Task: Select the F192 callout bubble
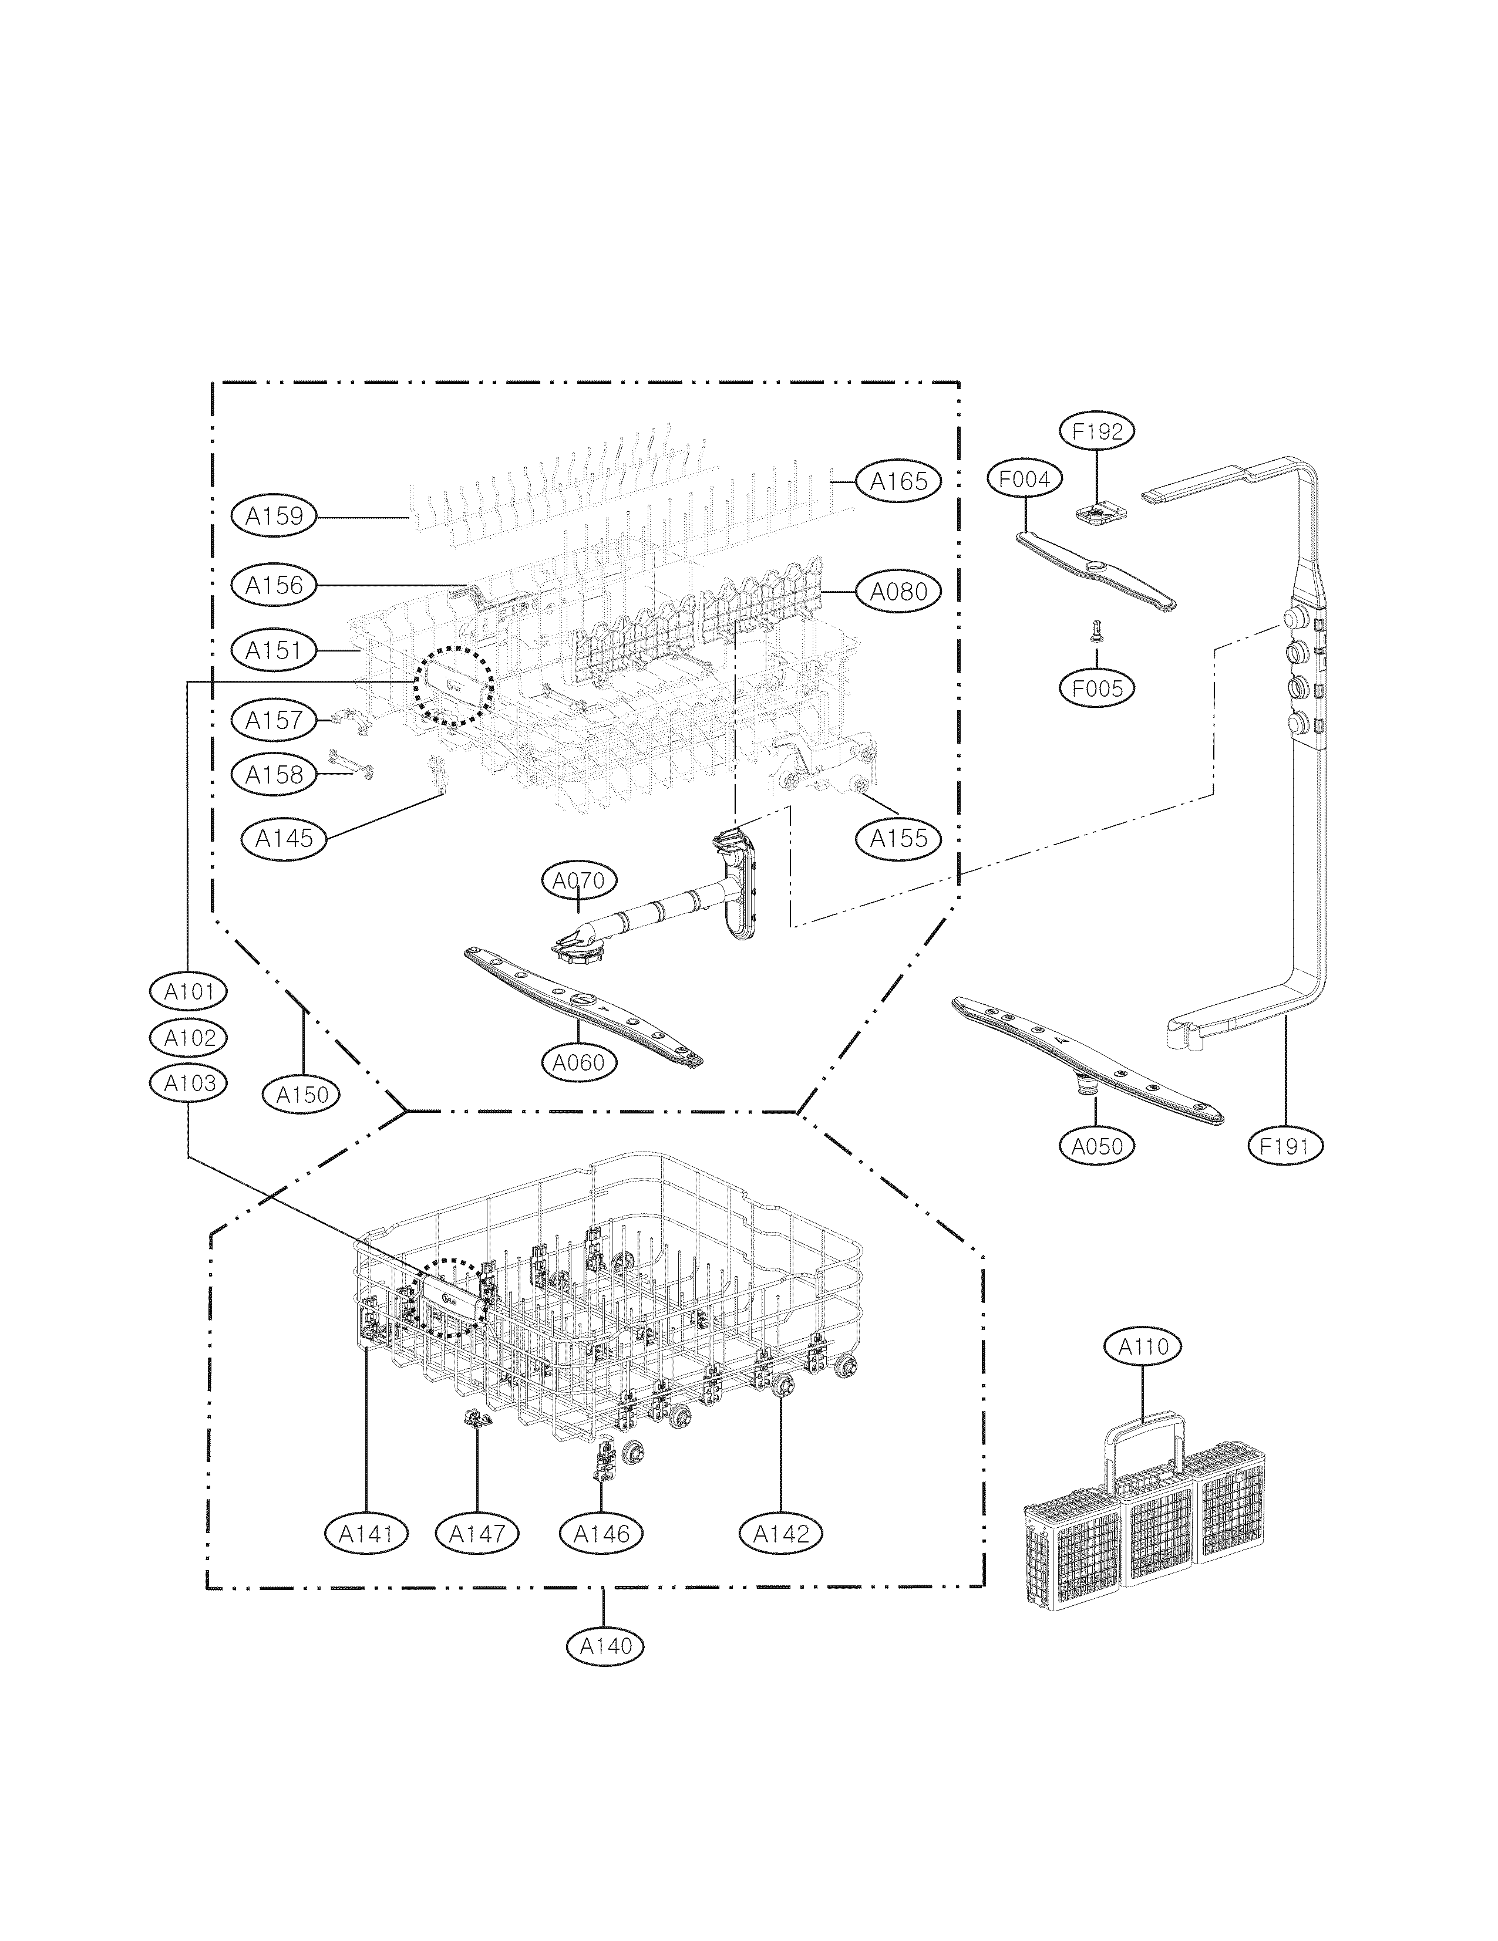[1097, 432]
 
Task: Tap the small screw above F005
[1096, 632]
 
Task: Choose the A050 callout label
[1096, 1146]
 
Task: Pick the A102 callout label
[189, 1037]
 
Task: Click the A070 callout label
[579, 881]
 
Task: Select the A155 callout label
[898, 838]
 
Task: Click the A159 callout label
[274, 515]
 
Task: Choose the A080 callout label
[898, 591]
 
